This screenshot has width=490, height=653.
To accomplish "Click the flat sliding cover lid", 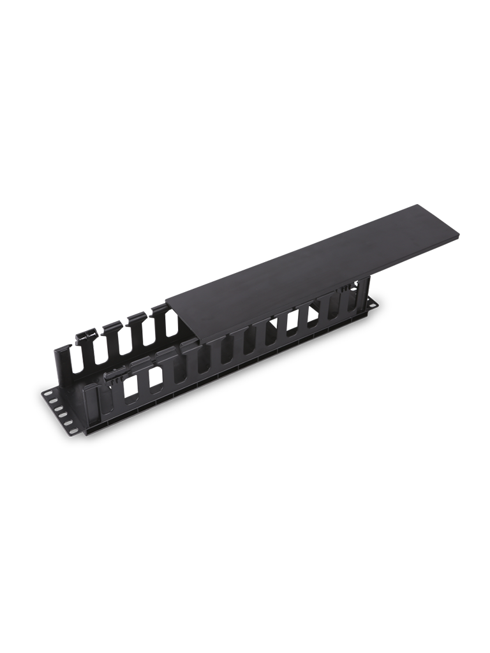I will tap(313, 261).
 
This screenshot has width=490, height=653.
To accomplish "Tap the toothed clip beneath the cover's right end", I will tap(348, 288).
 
